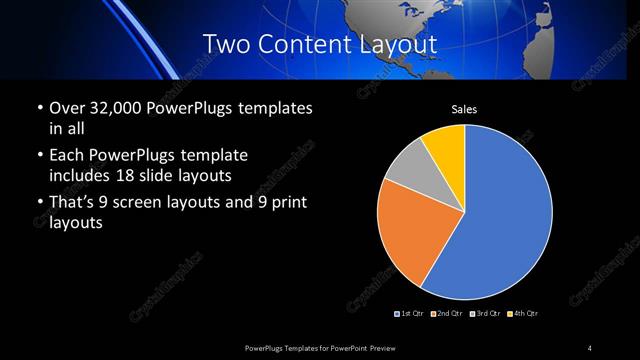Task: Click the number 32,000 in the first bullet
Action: click(x=113, y=108)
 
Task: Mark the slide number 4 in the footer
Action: click(x=590, y=347)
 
